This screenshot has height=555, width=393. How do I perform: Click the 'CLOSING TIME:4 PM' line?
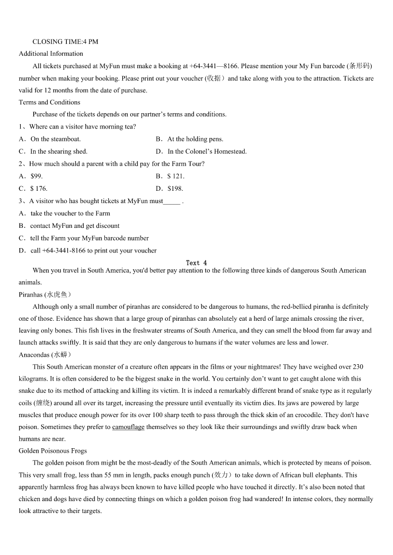(65, 42)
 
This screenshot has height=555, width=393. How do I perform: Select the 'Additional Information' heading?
(51, 53)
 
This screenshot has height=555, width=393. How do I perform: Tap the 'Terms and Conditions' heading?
(49, 102)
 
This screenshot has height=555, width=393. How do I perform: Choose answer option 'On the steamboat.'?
(55, 139)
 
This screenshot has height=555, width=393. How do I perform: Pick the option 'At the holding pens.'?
(195, 139)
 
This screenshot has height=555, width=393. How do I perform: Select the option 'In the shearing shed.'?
(58, 151)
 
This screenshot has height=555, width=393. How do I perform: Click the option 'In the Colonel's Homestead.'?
(207, 151)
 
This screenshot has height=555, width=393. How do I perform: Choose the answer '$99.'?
(37, 176)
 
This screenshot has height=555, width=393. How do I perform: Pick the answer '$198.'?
(175, 188)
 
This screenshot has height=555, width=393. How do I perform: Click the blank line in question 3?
(172, 202)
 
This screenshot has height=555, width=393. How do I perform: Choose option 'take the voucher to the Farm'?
(70, 213)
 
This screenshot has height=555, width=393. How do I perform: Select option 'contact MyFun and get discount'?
(75, 226)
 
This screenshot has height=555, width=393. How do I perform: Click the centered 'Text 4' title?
(196, 263)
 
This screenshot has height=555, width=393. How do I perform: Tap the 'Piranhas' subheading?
(31, 295)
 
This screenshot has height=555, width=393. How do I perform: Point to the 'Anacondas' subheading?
(34, 355)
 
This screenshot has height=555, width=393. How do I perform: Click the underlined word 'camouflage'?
(128, 427)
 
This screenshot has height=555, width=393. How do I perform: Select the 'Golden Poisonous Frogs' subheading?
(52, 451)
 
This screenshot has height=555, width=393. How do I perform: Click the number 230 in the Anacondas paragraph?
(358, 367)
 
